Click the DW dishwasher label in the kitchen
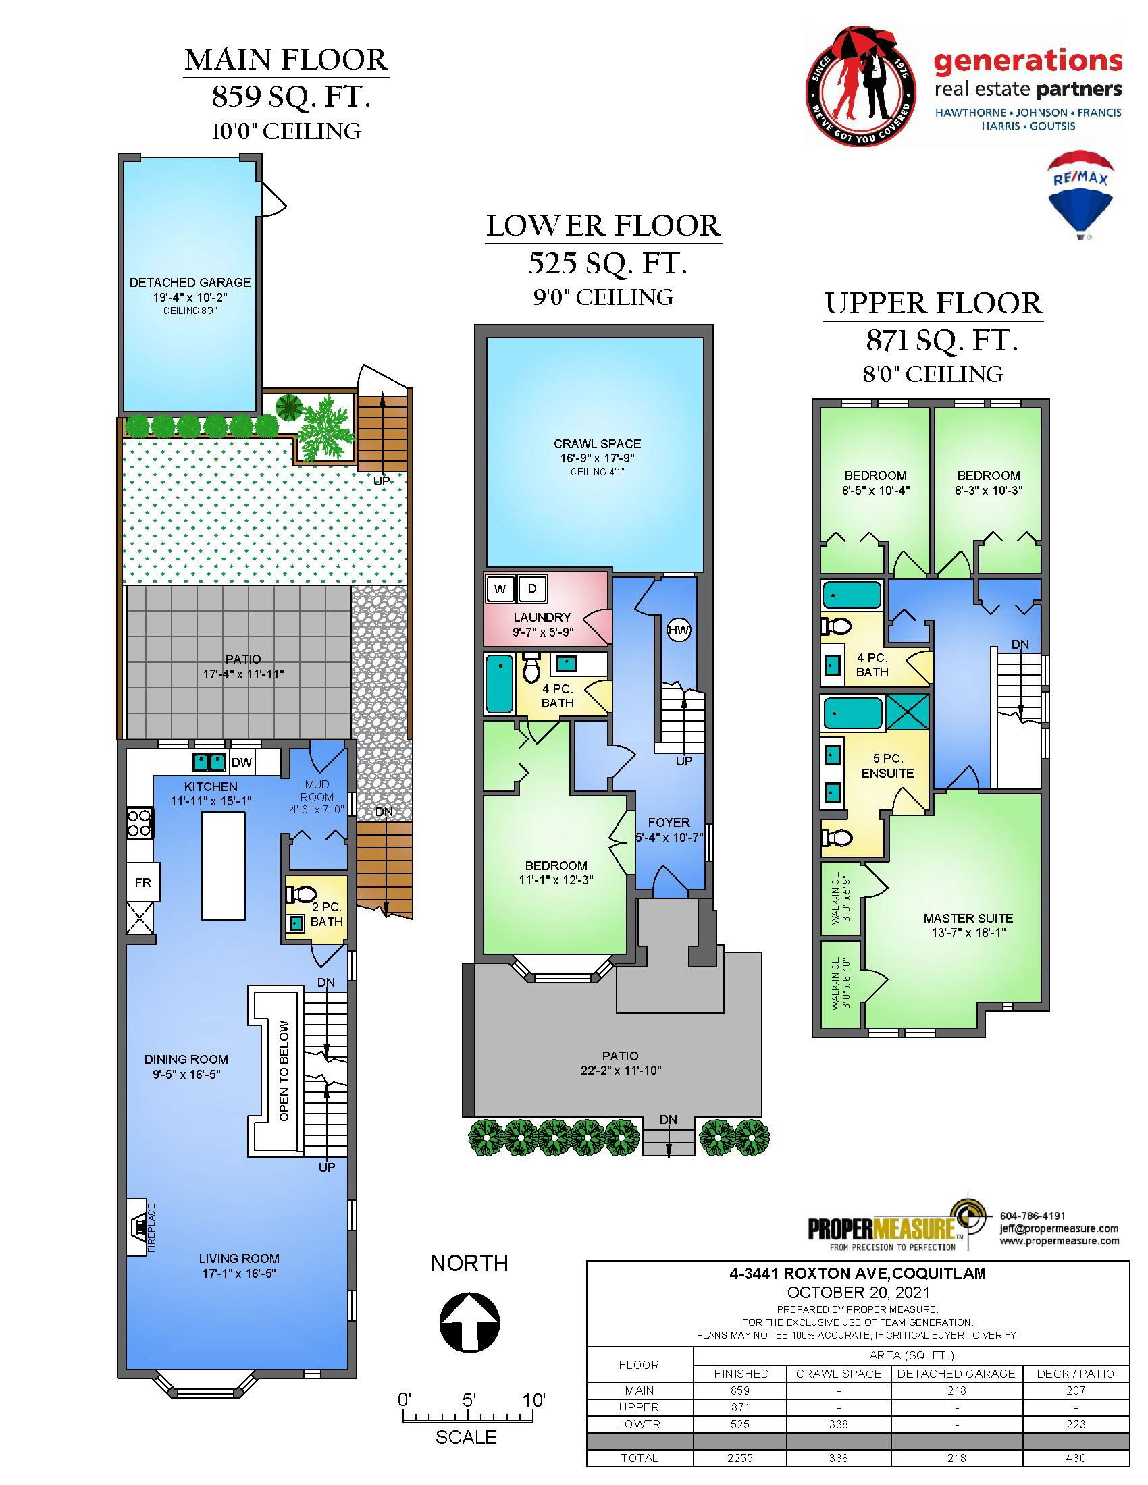(x=242, y=763)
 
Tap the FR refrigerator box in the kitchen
(x=142, y=883)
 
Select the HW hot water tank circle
(x=678, y=630)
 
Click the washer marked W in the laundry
(x=500, y=589)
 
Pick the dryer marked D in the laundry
(x=532, y=589)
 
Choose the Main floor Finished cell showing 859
(x=740, y=1390)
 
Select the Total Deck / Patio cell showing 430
(x=1076, y=1458)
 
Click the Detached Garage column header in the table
(x=956, y=1374)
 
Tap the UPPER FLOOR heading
(x=934, y=303)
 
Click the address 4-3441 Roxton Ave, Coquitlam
(x=858, y=1274)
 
